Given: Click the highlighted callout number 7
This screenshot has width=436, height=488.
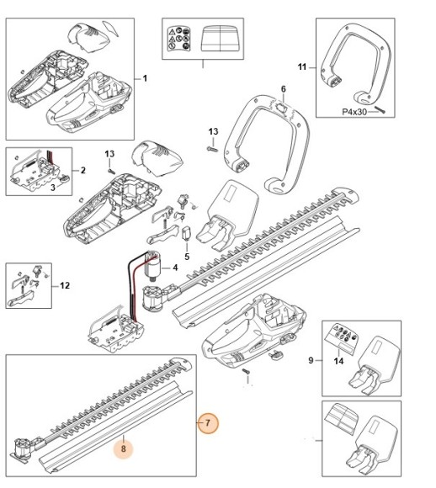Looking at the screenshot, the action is [x=208, y=423].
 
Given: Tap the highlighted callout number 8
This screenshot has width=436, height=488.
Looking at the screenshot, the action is [x=124, y=448].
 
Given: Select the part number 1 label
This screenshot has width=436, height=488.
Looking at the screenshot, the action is [x=145, y=78].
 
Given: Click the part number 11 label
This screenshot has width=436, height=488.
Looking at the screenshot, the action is [x=302, y=67].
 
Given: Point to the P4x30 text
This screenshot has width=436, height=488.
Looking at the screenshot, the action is [x=354, y=112].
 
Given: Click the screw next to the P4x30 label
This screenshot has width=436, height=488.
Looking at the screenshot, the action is [x=380, y=109].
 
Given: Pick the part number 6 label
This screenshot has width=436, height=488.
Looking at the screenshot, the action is [x=284, y=89].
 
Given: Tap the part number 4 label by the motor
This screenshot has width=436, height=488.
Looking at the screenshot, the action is [x=175, y=268].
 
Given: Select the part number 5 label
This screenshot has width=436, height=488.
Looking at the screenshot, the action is [x=187, y=257].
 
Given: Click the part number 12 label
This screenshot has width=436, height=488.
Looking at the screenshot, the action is [x=65, y=285].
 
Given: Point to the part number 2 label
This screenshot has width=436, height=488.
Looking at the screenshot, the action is [x=82, y=170].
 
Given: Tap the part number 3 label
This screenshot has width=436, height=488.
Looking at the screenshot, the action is [x=53, y=188].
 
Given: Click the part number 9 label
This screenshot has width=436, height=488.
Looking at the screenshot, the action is [x=311, y=360].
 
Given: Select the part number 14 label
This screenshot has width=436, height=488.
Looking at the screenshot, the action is [x=339, y=361].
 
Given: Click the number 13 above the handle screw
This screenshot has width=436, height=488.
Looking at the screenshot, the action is [x=213, y=131].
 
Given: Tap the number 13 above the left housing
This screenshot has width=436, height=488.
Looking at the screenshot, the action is [x=109, y=154].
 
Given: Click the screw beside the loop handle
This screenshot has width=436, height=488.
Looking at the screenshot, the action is [x=211, y=149].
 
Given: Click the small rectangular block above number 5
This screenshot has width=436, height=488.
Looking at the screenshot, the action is [x=186, y=233].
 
